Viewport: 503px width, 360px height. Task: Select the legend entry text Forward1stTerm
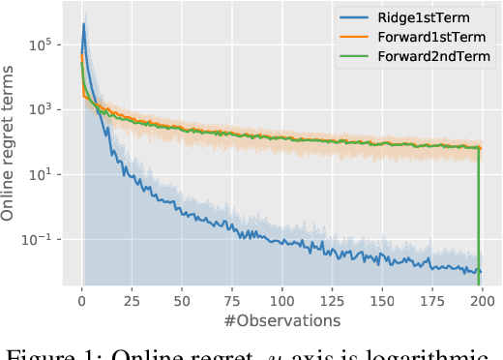click(x=431, y=38)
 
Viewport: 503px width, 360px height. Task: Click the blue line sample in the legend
click(x=356, y=17)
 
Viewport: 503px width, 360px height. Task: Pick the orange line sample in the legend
click(x=356, y=38)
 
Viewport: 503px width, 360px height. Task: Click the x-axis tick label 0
click(x=82, y=300)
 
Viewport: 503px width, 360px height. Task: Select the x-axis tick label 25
click(x=132, y=300)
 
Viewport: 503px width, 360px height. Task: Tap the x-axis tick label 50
click(x=182, y=300)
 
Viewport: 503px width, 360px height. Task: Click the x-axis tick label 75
click(x=232, y=300)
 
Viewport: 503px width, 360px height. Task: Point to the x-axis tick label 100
click(x=282, y=300)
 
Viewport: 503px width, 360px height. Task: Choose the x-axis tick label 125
click(x=333, y=300)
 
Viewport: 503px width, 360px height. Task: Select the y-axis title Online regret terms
click(x=11, y=145)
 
